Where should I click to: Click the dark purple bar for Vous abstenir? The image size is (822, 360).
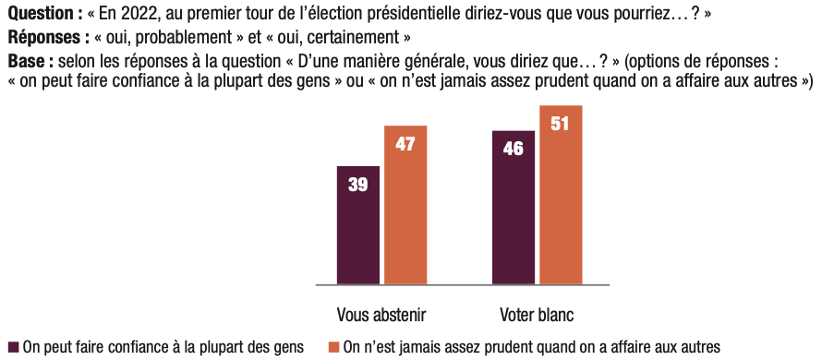click(358, 225)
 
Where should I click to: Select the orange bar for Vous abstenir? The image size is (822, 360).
click(405, 206)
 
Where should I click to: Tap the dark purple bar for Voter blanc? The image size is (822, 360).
click(514, 208)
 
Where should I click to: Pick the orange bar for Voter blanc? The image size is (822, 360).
click(561, 196)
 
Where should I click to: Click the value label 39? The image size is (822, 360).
click(358, 185)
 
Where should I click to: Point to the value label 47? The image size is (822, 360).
click(405, 144)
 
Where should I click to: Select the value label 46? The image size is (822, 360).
click(514, 149)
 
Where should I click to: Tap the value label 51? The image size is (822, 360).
click(560, 125)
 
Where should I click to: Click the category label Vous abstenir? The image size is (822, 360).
click(381, 316)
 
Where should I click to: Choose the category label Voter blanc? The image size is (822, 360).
click(537, 316)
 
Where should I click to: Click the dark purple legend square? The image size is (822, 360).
click(14, 347)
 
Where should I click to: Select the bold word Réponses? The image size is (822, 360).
click(45, 38)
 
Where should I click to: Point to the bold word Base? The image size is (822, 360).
click(26, 62)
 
